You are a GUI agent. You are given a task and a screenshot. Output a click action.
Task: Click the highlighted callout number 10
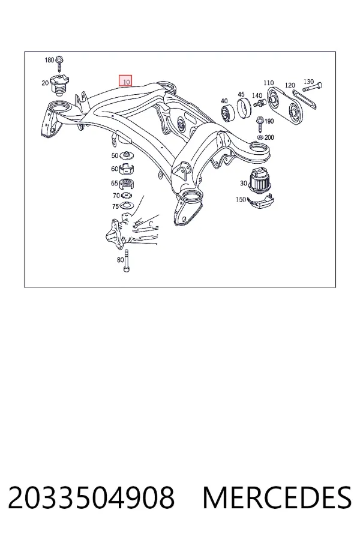[125, 81]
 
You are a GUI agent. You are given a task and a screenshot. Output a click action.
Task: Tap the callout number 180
[49, 60]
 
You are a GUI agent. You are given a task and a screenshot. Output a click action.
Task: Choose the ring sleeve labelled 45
[244, 108]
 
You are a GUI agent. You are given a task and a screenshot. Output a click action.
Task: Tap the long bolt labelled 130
[312, 86]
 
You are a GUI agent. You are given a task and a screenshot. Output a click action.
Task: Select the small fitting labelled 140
[259, 102]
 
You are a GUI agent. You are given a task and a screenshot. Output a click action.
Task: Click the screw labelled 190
[260, 125]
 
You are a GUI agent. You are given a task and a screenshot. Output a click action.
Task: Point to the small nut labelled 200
[260, 138]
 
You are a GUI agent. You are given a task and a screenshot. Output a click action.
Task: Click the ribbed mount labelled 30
[260, 179]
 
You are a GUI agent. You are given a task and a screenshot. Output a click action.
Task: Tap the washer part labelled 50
[127, 155]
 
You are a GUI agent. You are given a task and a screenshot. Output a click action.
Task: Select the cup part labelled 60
[127, 169]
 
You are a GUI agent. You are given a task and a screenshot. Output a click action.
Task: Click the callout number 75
[115, 206]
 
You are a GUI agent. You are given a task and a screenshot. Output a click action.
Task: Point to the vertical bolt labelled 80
[127, 261]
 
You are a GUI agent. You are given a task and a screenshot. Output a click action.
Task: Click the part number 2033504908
[91, 497]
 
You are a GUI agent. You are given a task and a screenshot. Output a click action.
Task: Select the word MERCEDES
[277, 497]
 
